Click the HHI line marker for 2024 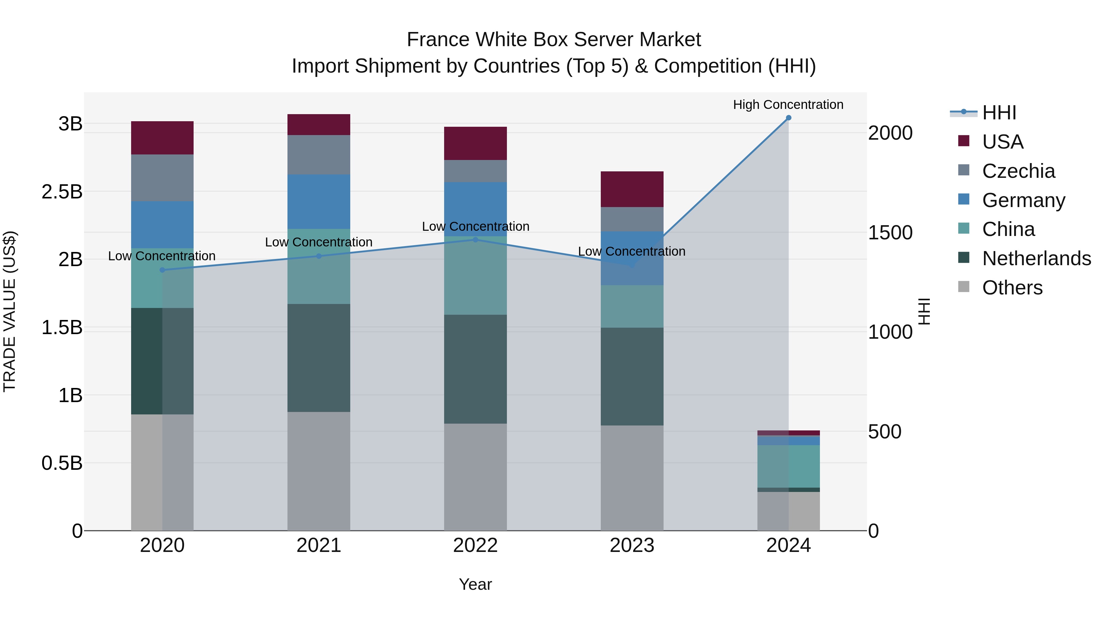[789, 118]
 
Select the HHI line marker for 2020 [162, 270]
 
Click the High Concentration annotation [788, 105]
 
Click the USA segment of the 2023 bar [632, 189]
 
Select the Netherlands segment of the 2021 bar [319, 358]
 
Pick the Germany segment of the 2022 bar [475, 209]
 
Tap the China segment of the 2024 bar [789, 466]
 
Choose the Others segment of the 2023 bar [632, 478]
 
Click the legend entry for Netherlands [1036, 258]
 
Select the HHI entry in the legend [999, 113]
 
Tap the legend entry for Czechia [1018, 171]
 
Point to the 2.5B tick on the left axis [62, 192]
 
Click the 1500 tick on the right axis [889, 233]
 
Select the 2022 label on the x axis [475, 545]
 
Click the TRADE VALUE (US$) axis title [10, 311]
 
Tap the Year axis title [475, 584]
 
